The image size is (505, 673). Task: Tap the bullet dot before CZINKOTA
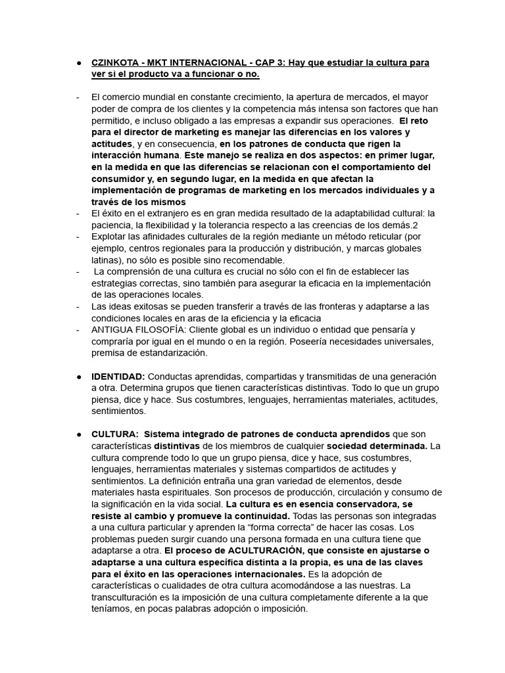[x=78, y=63]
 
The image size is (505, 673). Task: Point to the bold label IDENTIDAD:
[x=118, y=377]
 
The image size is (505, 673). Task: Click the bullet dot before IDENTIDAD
[x=78, y=377]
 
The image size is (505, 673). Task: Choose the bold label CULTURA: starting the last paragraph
[x=114, y=435]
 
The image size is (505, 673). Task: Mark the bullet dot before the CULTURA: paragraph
[x=78, y=435]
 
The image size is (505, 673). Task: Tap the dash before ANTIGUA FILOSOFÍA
[x=78, y=330]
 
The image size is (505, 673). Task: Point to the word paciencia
[x=114, y=225]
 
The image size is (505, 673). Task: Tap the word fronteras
[x=349, y=307]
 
